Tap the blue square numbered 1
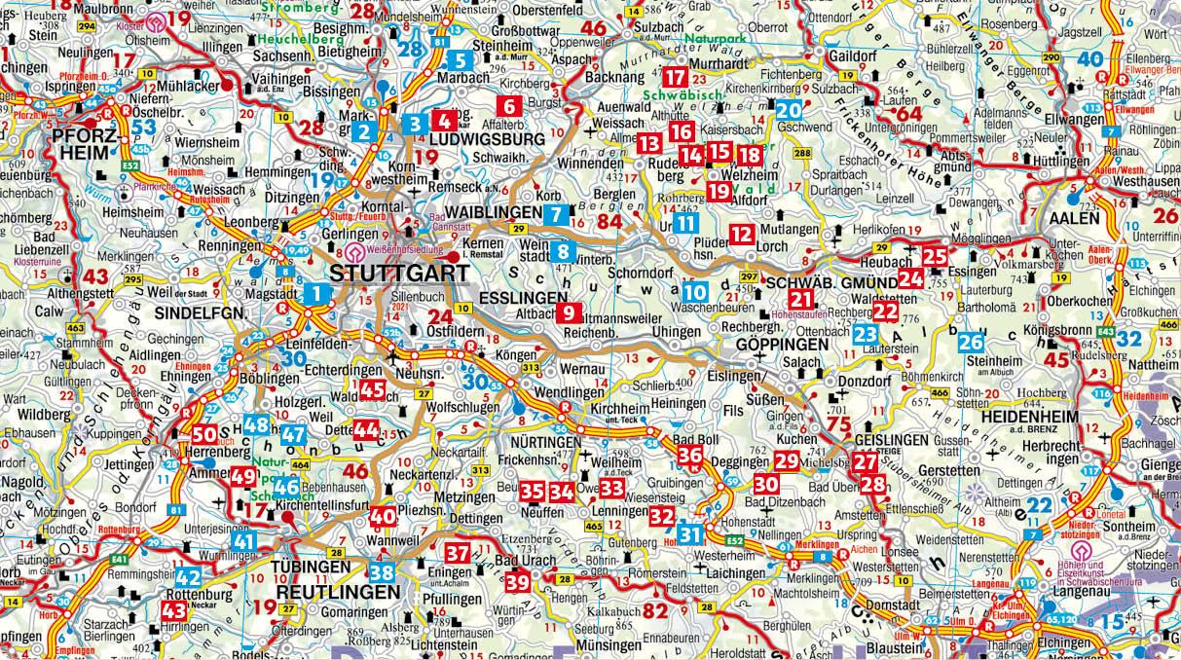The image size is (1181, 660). click(x=316, y=292)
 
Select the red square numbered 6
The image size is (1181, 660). click(x=508, y=106)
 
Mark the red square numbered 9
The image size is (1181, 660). click(x=567, y=312)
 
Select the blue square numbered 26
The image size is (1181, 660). click(x=971, y=343)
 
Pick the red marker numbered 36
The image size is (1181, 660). click(x=689, y=455)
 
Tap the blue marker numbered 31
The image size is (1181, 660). click(x=690, y=533)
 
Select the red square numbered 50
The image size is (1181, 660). click(x=204, y=436)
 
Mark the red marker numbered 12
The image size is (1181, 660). click(x=742, y=234)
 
